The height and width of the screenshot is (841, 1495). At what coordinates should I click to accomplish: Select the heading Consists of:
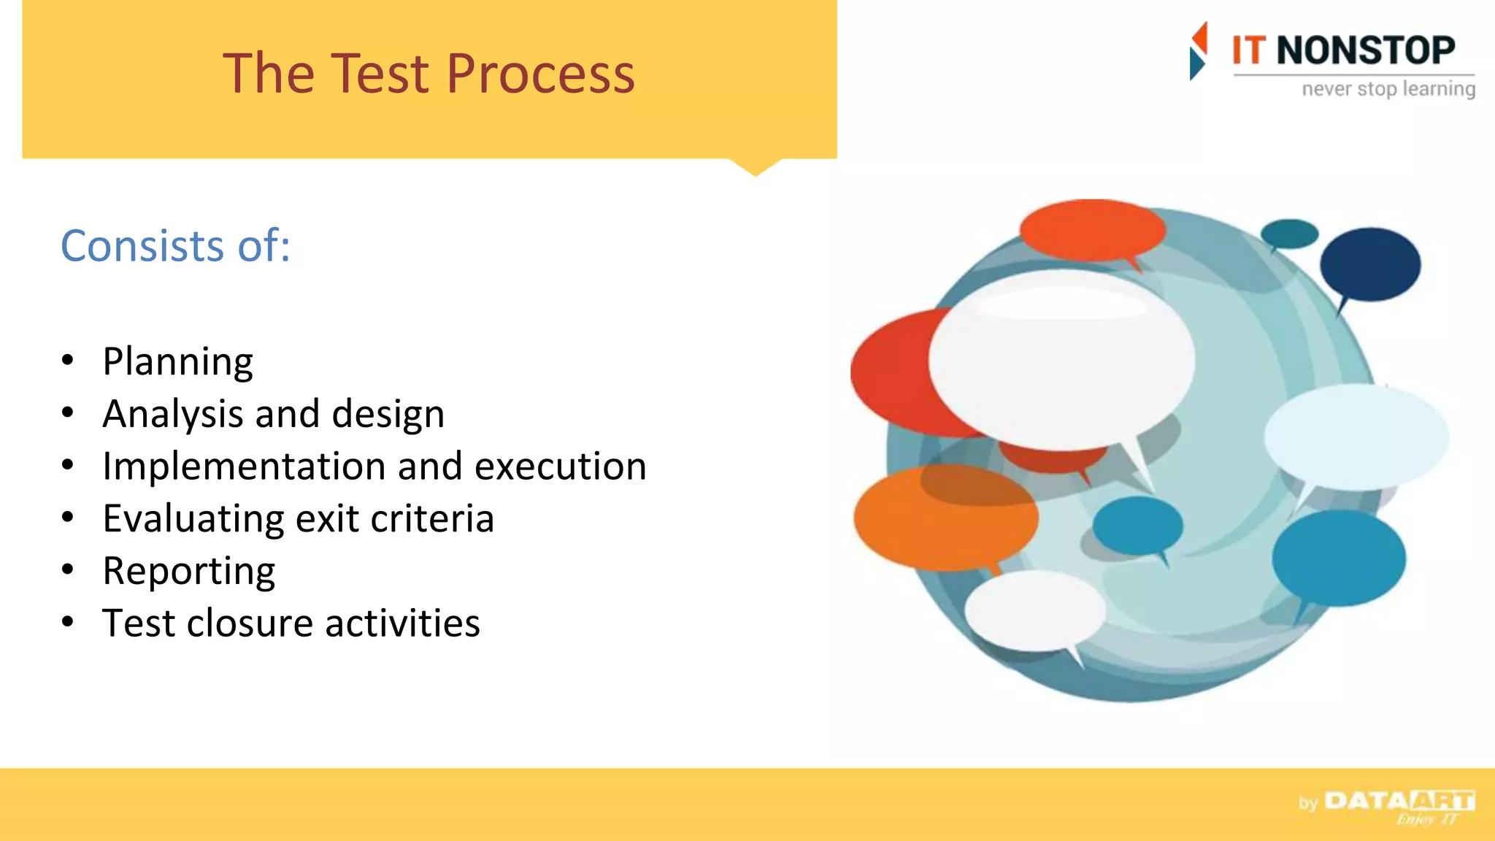[x=175, y=246]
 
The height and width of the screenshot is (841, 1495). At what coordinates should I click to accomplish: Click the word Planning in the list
[x=178, y=362]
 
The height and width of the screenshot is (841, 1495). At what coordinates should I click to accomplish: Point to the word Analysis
[x=172, y=415]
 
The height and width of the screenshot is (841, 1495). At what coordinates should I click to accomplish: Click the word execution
[x=560, y=467]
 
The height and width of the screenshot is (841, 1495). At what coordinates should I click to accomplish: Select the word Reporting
[x=189, y=572]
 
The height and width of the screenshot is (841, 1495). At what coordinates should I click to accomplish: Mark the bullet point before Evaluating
[x=68, y=518]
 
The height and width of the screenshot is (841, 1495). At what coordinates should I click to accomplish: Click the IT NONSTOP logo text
[x=1343, y=51]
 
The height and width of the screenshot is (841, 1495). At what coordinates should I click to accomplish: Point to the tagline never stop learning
[x=1388, y=89]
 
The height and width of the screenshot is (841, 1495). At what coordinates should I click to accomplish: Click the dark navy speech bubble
[x=1369, y=264]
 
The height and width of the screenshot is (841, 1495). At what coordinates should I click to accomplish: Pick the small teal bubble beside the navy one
[x=1289, y=234]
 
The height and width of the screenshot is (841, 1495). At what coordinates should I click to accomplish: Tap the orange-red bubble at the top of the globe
[x=1091, y=229]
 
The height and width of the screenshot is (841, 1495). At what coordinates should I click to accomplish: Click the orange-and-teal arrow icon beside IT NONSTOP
[x=1198, y=51]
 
